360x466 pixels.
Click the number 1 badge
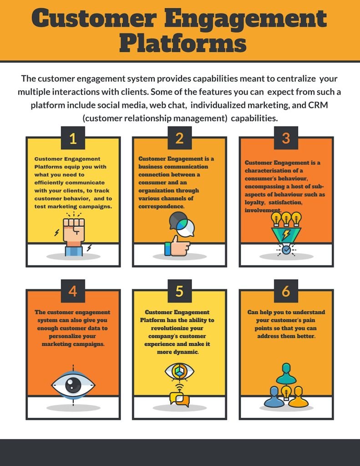pyautogui.click(x=73, y=138)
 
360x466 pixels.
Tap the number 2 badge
pyautogui.click(x=180, y=138)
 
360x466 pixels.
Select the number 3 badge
pyautogui.click(x=286, y=138)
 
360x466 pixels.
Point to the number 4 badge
pyautogui.click(x=73, y=291)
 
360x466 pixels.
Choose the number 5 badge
pyautogui.click(x=180, y=291)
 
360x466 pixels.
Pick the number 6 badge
pyautogui.click(x=286, y=291)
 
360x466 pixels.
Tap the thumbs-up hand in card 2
pyautogui.click(x=177, y=246)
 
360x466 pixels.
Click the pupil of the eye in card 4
pyautogui.click(x=73, y=385)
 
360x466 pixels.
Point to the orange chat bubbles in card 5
pyautogui.click(x=180, y=399)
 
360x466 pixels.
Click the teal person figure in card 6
pyautogui.click(x=286, y=374)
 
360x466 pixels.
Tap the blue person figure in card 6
pyautogui.click(x=274, y=397)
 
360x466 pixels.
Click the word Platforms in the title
pyautogui.click(x=183, y=44)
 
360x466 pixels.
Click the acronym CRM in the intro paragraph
pyautogui.click(x=318, y=105)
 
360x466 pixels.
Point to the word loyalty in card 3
pyautogui.click(x=255, y=203)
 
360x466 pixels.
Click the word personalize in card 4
pyautogui.click(x=72, y=336)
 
